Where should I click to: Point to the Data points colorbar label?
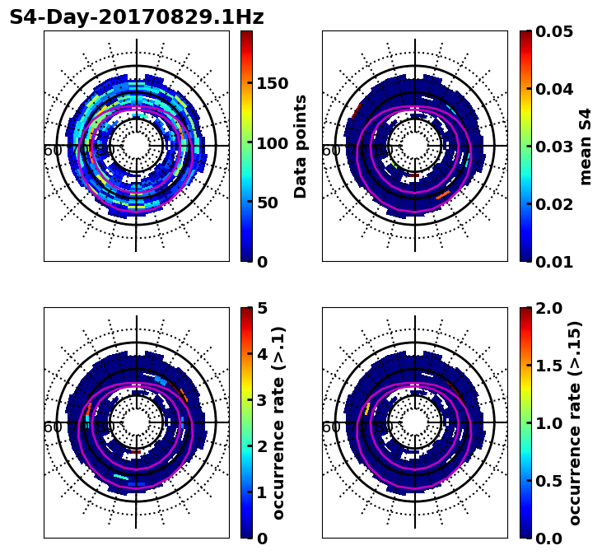point(301,147)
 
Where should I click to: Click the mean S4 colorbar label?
point(586,147)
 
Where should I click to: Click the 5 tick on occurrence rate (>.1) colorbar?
point(262,308)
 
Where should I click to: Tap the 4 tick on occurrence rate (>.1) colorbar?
point(262,354)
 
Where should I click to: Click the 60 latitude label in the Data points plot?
point(53,151)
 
